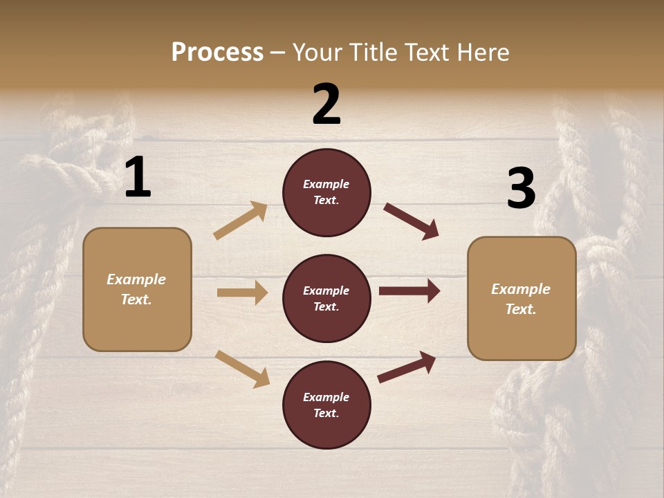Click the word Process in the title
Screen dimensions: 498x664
pos(217,53)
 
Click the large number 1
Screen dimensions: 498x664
pos(138,178)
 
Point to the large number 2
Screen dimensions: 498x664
pos(326,104)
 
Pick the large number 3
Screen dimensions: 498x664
pos(521,188)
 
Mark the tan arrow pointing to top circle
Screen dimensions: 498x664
pos(240,221)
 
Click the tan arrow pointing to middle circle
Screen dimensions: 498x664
pos(242,293)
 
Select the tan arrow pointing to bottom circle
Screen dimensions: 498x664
pos(242,369)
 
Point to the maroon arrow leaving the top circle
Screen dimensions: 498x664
pos(412,221)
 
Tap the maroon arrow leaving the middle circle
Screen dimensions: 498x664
pos(409,291)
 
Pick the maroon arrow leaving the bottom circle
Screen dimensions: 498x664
pos(407,367)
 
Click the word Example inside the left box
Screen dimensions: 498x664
pos(136,279)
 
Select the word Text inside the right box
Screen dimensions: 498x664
pos(520,309)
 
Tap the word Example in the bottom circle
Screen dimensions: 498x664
pos(326,397)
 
